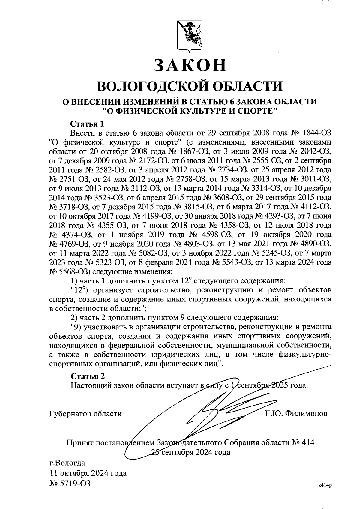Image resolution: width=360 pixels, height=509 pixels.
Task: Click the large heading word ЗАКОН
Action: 190,65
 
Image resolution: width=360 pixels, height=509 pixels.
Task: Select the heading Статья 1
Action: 87,124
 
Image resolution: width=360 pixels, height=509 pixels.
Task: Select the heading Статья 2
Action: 87,376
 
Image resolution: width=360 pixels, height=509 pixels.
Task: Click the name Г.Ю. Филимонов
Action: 296,414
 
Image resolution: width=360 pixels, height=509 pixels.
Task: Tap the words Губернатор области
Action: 85,414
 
